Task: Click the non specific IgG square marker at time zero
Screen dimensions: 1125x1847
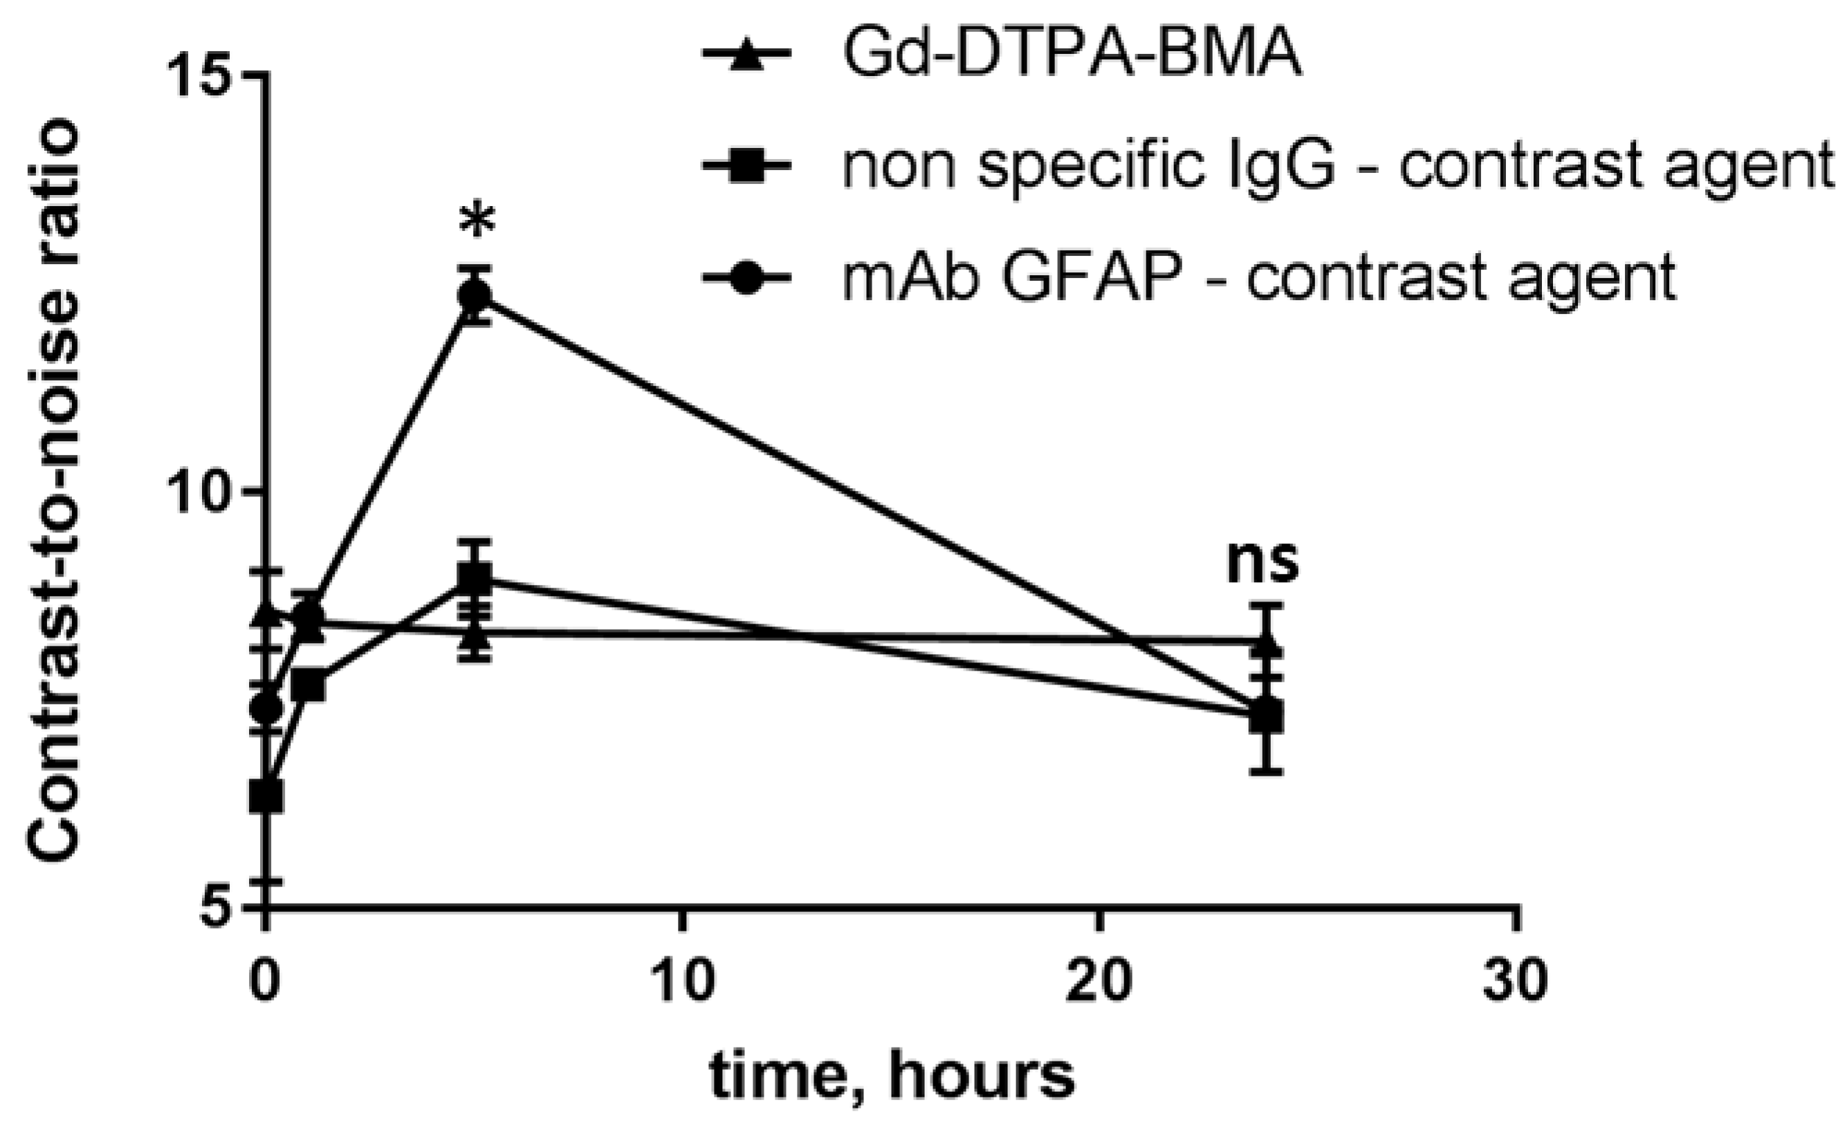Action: click(x=266, y=796)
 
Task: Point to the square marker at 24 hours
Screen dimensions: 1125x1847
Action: click(x=1266, y=715)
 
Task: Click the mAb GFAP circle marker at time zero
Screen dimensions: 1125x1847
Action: click(x=266, y=707)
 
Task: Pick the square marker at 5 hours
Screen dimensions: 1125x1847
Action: click(x=475, y=579)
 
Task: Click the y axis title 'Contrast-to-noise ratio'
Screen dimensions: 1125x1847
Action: click(x=54, y=494)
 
